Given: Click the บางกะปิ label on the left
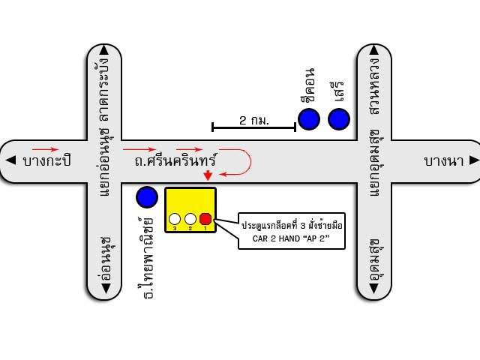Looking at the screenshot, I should (46, 160).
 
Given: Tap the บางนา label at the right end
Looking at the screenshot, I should (441, 160).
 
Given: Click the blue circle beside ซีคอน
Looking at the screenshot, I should (309, 118).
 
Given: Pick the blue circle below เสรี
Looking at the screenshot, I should (339, 118).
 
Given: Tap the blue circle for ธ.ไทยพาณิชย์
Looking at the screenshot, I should (147, 197).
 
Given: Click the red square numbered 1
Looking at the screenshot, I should (205, 219).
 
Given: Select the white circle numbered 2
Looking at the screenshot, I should (190, 219).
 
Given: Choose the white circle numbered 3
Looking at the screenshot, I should (175, 219).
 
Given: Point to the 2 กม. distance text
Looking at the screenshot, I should (254, 120).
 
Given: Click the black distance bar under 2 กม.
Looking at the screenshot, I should (253, 128).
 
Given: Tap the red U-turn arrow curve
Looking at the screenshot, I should (245, 162).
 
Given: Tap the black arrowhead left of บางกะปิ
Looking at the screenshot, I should (10, 160).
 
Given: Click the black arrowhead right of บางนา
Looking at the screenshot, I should (473, 160).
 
